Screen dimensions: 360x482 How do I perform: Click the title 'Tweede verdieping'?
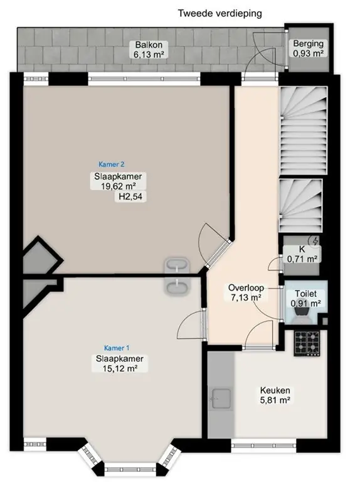pos(220,14)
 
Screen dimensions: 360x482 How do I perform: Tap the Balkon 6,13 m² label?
pos(149,50)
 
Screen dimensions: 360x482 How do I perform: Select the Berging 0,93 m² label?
pos(308,48)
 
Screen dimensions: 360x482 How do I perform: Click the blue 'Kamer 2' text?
pos(112,164)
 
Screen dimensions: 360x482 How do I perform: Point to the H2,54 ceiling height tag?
pos(130,196)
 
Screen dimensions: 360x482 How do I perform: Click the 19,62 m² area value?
pos(119,186)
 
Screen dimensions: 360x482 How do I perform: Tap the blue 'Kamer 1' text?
pos(117,348)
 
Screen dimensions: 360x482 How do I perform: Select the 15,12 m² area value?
pos(120,368)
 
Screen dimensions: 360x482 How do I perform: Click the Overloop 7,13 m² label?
pos(246,292)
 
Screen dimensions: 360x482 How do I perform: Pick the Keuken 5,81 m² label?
pos(275,395)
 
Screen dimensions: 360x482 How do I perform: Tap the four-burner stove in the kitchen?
pos(307,343)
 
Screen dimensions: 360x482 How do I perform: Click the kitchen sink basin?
pos(221,399)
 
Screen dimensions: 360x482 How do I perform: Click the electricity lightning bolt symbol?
pos(315,241)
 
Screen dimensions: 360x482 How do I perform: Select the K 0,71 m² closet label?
pos(302,254)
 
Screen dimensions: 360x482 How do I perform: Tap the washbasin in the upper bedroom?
pos(177,265)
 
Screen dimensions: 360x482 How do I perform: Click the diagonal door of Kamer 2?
pos(218,254)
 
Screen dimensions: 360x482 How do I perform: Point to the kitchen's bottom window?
pos(263,445)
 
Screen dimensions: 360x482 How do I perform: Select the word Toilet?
pos(305,294)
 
